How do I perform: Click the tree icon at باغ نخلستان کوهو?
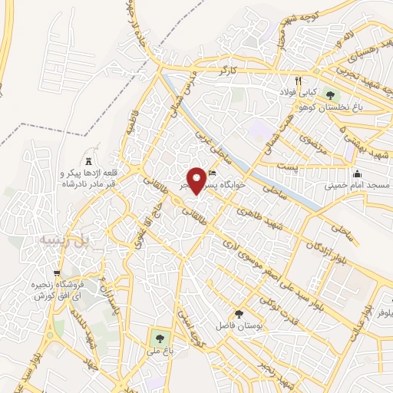[x=330, y=95]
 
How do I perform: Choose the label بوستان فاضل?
[x=239, y=328]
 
